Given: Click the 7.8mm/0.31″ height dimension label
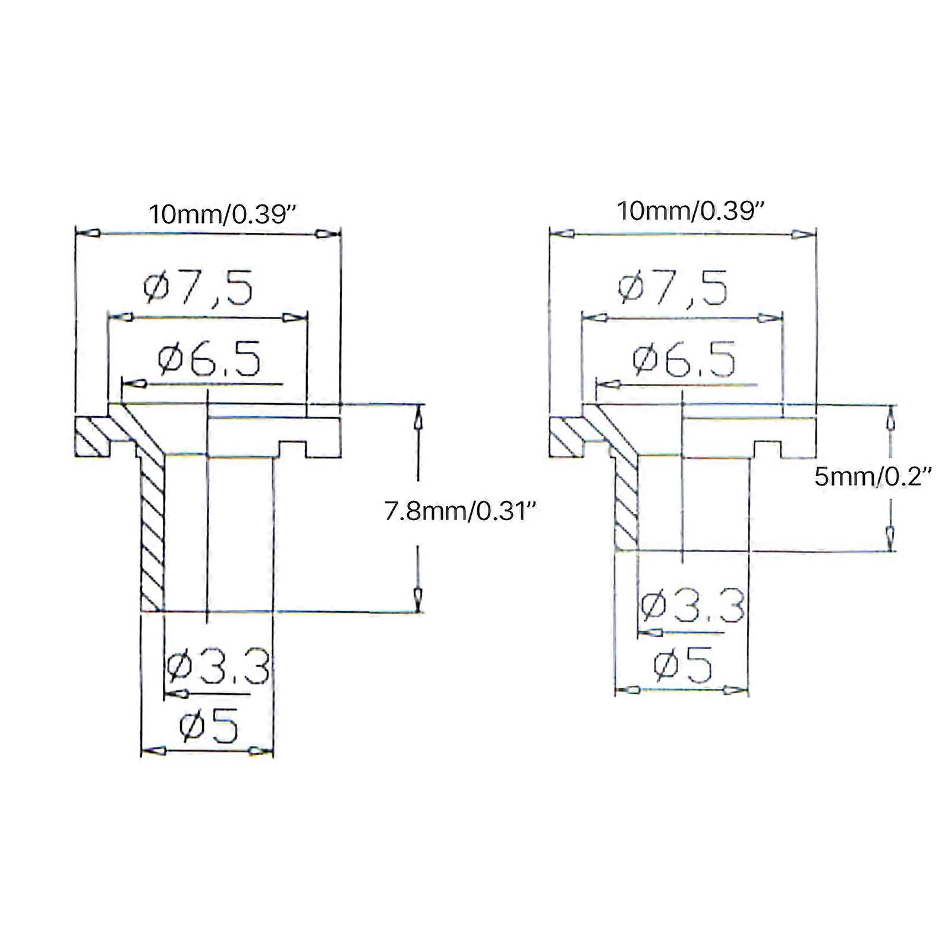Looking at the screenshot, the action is [464, 511].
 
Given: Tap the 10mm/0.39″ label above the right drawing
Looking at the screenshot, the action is [690, 211].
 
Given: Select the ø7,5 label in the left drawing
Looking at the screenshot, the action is [198, 288].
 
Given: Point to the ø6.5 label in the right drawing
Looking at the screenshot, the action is [684, 359].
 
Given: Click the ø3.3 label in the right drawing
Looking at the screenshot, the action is [693, 605].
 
